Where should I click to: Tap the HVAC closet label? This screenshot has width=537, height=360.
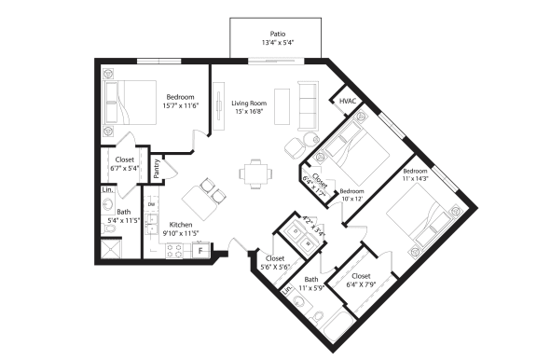point(348,101)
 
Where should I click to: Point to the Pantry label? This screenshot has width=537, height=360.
point(157,167)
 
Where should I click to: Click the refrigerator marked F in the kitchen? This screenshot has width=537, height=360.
point(199,249)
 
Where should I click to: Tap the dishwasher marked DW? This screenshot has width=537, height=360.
point(151,203)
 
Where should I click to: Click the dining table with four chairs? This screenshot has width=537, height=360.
point(254,171)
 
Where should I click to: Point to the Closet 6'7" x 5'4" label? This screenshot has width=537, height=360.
point(125,164)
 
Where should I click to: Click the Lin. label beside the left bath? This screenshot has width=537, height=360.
point(107,191)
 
